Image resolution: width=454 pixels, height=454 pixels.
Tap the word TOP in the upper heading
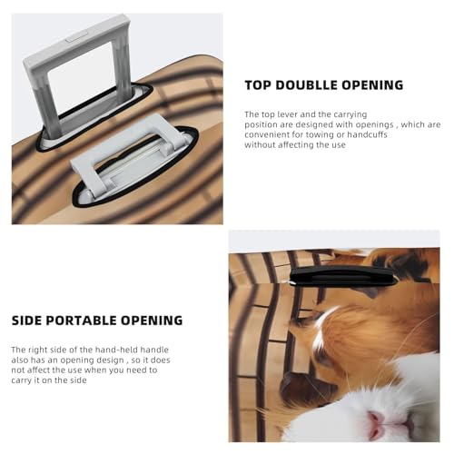pyautogui.click(x=258, y=85)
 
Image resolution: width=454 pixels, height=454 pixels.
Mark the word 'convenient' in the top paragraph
pyautogui.click(x=268, y=134)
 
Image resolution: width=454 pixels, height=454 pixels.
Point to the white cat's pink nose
pyautogui.click(x=377, y=419)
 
